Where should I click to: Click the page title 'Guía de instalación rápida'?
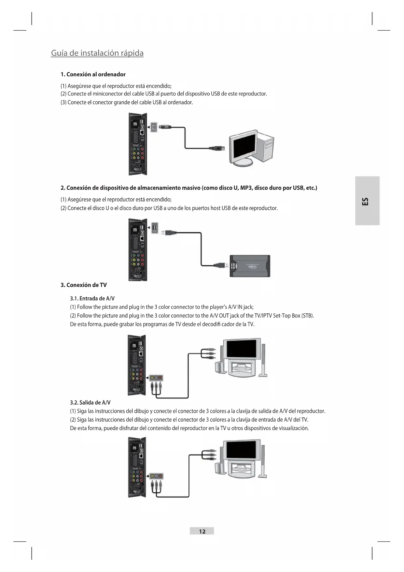tap(97, 53)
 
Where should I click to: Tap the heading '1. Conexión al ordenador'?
tap(93, 74)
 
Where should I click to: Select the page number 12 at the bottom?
tap(202, 531)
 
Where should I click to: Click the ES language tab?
tap(367, 201)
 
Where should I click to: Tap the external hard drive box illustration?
tap(250, 266)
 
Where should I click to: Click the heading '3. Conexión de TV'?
tap(84, 285)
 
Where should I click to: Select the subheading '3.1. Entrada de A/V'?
tap(92, 298)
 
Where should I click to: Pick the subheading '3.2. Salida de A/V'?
tap(90, 402)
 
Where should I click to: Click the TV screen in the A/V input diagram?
tap(241, 349)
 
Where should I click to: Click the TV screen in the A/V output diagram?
tap(241, 450)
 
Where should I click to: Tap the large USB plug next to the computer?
tap(217, 148)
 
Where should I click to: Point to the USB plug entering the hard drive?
tap(221, 265)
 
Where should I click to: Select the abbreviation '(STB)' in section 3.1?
tap(308, 316)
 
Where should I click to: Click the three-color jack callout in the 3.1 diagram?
tap(156, 378)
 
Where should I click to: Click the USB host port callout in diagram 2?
tap(155, 227)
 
